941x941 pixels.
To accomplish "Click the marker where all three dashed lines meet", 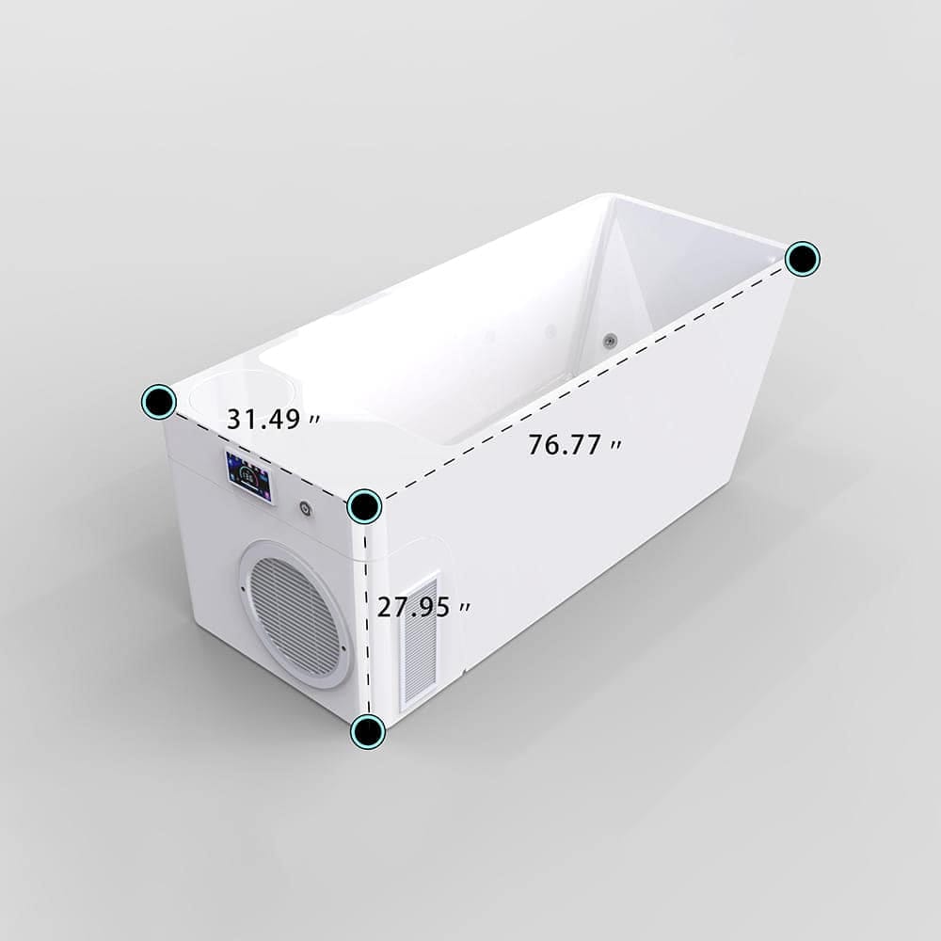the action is [x=364, y=506].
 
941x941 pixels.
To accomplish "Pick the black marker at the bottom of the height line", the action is [x=368, y=731].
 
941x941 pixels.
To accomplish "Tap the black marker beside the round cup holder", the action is [x=159, y=402].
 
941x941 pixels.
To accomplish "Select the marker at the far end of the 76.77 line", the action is [x=803, y=259].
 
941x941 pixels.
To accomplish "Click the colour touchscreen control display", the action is [x=248, y=476].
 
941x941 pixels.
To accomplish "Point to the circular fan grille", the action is [x=295, y=614].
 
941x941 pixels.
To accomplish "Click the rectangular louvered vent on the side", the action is [x=420, y=642].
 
